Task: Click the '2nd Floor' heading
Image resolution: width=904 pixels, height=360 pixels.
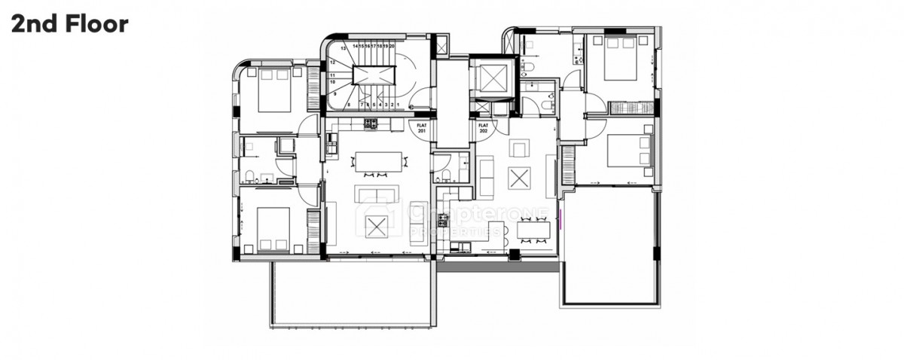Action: coord(69,23)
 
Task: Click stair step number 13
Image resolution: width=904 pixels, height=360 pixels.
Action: coord(344,47)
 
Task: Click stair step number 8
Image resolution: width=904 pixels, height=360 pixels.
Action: coord(349,104)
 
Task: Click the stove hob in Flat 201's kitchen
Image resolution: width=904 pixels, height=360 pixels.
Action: coord(371,124)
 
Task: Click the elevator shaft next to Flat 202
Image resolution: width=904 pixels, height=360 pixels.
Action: coord(491,78)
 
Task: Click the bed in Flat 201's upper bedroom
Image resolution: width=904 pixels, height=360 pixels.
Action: coord(273,89)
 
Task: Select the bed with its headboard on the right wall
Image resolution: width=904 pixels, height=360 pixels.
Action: coord(629,150)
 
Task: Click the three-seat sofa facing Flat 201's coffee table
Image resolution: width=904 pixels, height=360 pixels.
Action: coord(377,195)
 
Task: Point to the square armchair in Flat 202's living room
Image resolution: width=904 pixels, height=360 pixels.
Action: coord(520,148)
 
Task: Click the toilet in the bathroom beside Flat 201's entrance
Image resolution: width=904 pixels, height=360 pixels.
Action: coord(444,175)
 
